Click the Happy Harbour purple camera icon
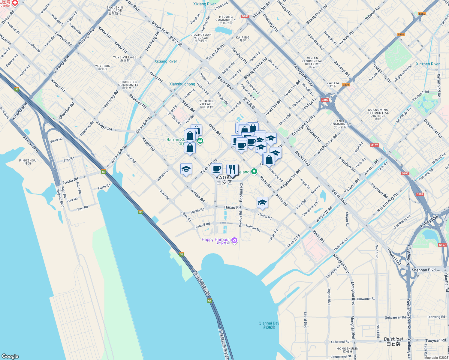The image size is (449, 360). click(235, 240)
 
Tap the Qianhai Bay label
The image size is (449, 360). click(269, 325)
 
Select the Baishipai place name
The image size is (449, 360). click(393, 341)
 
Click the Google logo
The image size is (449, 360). click(10, 356)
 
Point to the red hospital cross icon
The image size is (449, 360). click(15, 3)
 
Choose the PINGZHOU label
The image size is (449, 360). click(28, 162)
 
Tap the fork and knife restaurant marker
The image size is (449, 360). click(233, 170)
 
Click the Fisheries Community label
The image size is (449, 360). click(128, 85)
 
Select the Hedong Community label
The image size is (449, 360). click(226, 20)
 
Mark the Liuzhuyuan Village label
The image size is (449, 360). click(201, 37)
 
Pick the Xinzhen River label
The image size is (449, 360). click(428, 64)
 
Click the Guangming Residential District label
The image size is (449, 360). click(378, 114)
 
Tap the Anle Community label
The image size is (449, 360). click(340, 124)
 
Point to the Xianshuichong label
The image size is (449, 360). click(182, 84)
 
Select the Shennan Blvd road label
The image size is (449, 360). click(423, 270)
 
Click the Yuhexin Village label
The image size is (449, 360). click(206, 104)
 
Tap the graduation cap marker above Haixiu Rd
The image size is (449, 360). click(262, 203)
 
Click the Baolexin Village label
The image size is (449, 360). click(115, 10)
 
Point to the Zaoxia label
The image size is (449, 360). click(333, 84)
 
